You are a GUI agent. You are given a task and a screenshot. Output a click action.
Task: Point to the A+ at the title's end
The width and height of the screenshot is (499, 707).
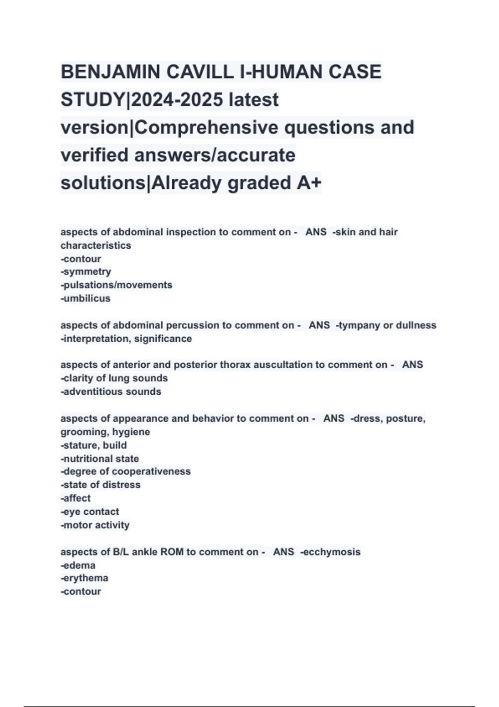(x=309, y=183)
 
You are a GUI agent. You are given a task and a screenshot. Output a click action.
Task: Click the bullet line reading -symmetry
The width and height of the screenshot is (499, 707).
(x=86, y=272)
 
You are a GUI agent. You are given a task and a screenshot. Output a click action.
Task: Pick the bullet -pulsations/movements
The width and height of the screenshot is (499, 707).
(x=116, y=285)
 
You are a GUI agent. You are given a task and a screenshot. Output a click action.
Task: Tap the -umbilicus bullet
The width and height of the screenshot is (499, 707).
(x=86, y=298)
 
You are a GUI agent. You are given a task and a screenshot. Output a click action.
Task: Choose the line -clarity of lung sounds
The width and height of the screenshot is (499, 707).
(x=114, y=378)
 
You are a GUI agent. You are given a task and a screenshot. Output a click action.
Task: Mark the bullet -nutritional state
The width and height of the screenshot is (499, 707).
(x=100, y=458)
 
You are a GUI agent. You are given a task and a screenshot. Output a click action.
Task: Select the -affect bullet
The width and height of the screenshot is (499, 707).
(x=76, y=498)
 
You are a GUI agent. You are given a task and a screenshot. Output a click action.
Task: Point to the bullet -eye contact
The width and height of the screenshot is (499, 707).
(x=90, y=512)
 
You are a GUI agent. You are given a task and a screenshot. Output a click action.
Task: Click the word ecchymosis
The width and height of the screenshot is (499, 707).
(x=332, y=552)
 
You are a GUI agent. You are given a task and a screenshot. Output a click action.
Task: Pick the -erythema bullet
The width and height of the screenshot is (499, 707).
(x=84, y=578)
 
